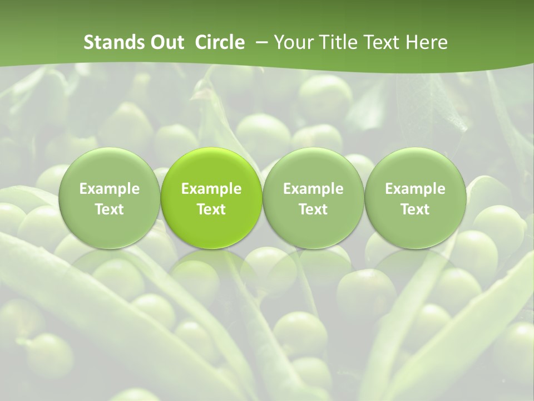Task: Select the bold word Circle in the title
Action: (x=220, y=42)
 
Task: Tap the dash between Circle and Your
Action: (x=259, y=43)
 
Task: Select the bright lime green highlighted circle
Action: (x=211, y=198)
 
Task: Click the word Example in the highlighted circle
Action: (x=211, y=189)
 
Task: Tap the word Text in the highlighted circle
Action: (x=211, y=209)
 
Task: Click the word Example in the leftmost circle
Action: (x=110, y=189)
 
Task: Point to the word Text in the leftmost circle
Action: (x=110, y=209)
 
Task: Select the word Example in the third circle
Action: (x=313, y=189)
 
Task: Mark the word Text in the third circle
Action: (x=313, y=209)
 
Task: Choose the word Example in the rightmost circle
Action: (x=415, y=189)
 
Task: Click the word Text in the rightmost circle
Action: (x=415, y=209)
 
